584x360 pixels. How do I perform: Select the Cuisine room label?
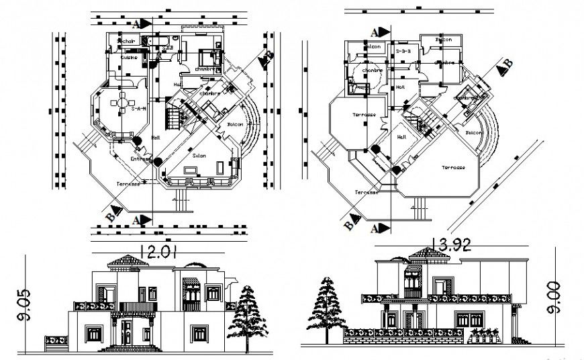(129, 58)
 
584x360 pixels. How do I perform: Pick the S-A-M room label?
(140, 107)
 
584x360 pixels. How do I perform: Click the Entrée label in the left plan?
(141, 159)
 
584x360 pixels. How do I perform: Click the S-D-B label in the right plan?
(403, 50)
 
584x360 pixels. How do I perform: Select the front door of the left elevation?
(126, 333)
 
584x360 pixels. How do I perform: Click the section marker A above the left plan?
(137, 24)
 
